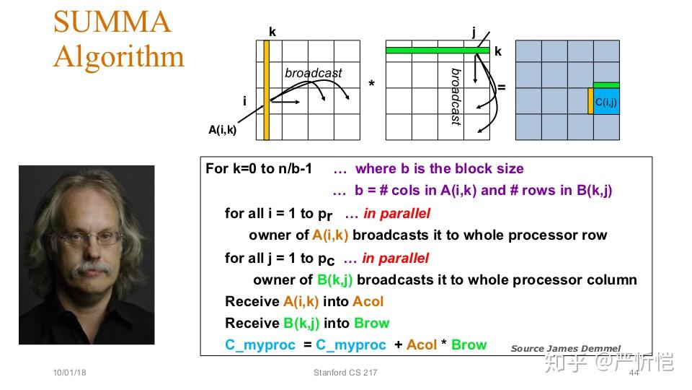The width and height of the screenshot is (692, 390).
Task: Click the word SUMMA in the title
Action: (x=112, y=22)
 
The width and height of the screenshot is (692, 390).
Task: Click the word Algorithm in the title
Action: (x=119, y=56)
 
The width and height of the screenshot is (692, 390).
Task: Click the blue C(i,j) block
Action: (x=606, y=102)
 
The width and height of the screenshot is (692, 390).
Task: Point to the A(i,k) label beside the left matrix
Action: (x=222, y=130)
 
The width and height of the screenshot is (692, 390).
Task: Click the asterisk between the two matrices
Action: (x=371, y=85)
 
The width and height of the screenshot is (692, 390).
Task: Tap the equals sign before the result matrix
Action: (x=502, y=87)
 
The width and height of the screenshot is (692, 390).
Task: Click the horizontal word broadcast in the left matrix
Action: (x=313, y=73)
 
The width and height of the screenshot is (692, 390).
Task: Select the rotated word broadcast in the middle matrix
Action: (x=456, y=97)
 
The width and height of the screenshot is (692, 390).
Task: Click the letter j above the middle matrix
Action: (x=474, y=31)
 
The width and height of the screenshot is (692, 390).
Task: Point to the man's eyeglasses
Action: (x=86, y=236)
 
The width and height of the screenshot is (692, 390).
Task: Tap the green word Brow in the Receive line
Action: (x=371, y=323)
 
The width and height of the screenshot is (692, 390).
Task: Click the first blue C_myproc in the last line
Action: (x=259, y=344)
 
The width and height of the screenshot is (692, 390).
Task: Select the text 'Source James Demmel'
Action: (x=565, y=348)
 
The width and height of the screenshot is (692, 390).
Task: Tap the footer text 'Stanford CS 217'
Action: (x=345, y=373)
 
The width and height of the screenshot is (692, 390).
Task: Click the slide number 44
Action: (x=634, y=373)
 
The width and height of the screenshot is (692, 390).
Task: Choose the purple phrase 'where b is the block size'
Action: (x=440, y=168)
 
